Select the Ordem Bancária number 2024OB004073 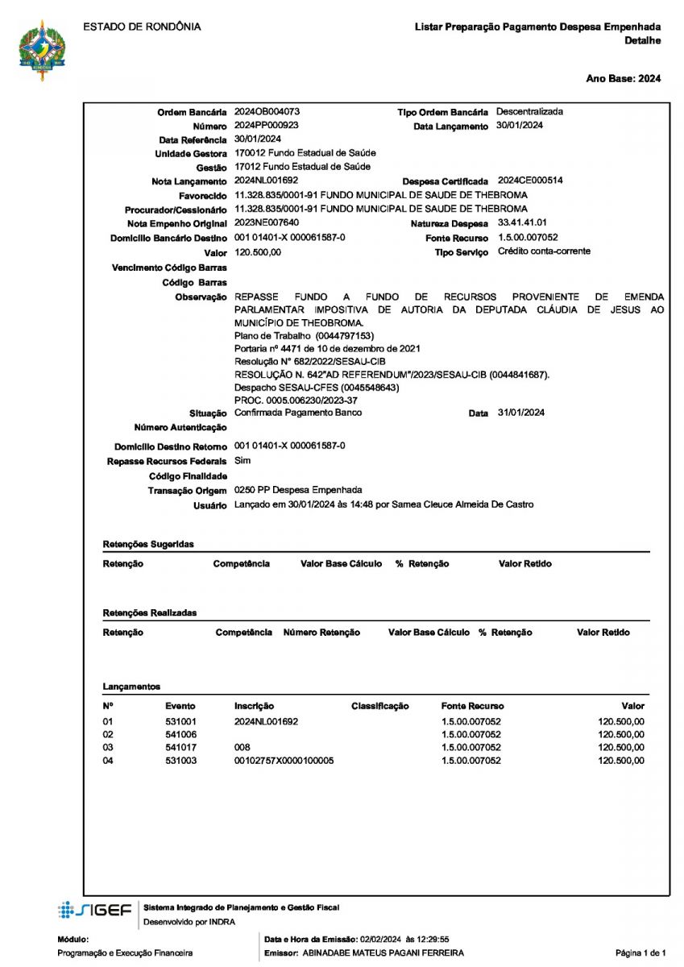coord(268,112)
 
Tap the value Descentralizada coord(529,112)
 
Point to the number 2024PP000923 coord(267,126)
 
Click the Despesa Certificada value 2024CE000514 coord(530,181)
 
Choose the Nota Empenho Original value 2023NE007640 coord(267,222)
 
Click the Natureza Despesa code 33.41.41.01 coord(523,222)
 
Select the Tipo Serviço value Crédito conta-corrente coord(544,251)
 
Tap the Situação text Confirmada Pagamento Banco coord(298,413)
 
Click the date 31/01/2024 coord(520,413)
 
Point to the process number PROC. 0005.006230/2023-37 coord(296,400)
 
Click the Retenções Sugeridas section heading coord(148,545)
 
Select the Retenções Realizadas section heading coord(149,613)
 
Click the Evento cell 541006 coord(181,734)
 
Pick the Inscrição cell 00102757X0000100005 coord(284,761)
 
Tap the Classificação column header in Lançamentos coord(379,707)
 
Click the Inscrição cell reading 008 coord(243,748)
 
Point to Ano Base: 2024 coord(623,78)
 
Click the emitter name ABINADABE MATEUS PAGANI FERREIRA coord(383,953)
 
